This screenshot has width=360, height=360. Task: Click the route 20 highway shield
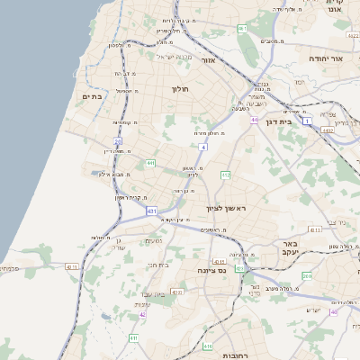click(x=117, y=141)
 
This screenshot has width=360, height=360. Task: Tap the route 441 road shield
click(x=151, y=163)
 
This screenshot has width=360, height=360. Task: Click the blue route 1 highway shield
click(x=306, y=120)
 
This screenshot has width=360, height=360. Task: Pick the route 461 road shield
click(x=242, y=29)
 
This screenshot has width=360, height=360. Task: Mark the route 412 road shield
click(x=225, y=175)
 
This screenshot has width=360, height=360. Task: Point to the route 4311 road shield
click(x=220, y=262)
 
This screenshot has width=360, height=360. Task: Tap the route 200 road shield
click(x=307, y=275)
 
